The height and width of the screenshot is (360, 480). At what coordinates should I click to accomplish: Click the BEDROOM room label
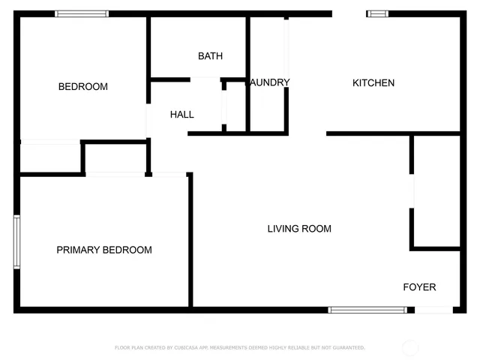click(x=82, y=87)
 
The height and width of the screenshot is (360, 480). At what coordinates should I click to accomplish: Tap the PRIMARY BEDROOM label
click(x=104, y=250)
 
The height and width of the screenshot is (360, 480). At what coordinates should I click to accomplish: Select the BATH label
click(x=210, y=56)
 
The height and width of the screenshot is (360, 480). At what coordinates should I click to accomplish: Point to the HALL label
click(x=182, y=115)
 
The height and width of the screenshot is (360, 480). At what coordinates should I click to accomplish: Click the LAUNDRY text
click(x=268, y=82)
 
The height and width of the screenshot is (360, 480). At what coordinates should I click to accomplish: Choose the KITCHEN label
click(x=373, y=83)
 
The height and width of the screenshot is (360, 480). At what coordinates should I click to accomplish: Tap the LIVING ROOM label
click(x=299, y=229)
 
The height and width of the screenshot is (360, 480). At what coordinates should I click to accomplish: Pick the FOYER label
click(x=419, y=287)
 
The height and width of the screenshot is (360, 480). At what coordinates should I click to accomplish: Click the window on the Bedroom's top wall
click(x=82, y=13)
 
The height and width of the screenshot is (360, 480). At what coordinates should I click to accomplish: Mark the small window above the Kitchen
click(x=377, y=13)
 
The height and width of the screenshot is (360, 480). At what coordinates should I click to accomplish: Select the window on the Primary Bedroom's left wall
click(x=16, y=241)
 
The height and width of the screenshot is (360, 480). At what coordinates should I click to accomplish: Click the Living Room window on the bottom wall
click(x=367, y=310)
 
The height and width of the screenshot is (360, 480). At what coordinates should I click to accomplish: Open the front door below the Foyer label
click(x=433, y=310)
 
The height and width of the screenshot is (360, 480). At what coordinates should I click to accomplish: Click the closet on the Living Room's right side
click(x=436, y=191)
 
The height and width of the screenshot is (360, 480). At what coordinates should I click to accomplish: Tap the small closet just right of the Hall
click(x=235, y=106)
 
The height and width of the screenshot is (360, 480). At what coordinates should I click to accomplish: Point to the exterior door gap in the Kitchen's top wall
click(x=349, y=13)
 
